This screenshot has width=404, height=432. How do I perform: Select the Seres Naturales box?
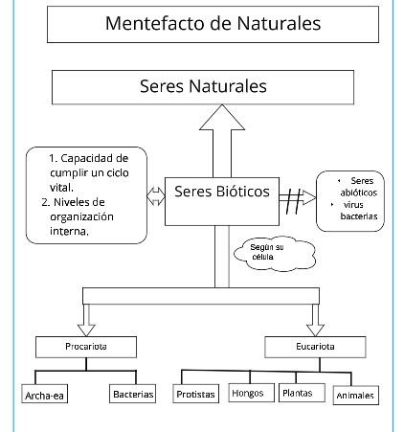point(216,86)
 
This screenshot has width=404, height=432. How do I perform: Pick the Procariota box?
point(86,346)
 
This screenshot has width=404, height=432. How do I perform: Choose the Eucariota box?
point(312,346)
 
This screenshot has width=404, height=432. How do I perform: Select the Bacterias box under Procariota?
point(132,394)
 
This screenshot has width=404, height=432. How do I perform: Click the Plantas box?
point(303,393)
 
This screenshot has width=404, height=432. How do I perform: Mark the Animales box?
point(355,395)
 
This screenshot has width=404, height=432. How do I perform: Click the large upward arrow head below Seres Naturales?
point(222,120)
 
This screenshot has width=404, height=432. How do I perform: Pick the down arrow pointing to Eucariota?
point(312,313)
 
